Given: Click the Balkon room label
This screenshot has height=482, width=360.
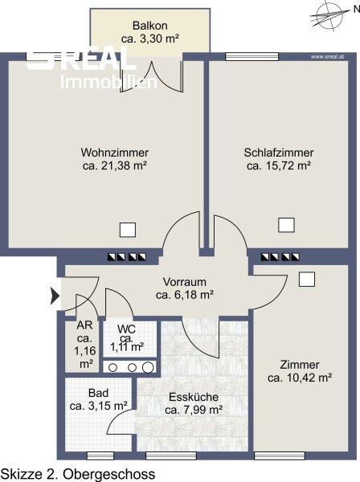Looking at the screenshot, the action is click(150, 25).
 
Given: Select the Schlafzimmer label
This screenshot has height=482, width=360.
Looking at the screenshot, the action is click(279, 153).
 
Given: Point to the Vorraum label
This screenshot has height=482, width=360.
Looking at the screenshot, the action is click(185, 282).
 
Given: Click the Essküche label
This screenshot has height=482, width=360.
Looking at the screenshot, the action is click(194, 397).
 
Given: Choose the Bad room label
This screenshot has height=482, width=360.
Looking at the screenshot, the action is click(98, 393).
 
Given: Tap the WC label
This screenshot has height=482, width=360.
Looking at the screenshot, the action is click(126, 329).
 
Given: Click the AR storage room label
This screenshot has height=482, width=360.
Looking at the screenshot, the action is click(84, 325).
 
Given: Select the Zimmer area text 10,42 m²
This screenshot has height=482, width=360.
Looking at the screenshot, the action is click(309, 378).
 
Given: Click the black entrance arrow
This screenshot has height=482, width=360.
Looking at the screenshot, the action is click(55, 296).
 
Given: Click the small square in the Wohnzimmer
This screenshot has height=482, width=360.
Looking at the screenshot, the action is click(128, 230).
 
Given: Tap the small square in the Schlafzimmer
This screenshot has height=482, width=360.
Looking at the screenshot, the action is click(286, 225).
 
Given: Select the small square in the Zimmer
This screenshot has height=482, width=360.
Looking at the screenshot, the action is click(307, 280).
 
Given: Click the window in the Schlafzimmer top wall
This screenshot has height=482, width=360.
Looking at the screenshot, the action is click(252, 57).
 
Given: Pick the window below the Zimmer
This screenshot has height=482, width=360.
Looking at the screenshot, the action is click(280, 455).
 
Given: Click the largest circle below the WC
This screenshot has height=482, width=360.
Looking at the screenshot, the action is click(148, 367).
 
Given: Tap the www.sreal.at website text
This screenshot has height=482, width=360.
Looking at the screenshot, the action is click(327, 56).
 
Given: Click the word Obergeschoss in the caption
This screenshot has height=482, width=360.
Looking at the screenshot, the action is click(109, 474).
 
